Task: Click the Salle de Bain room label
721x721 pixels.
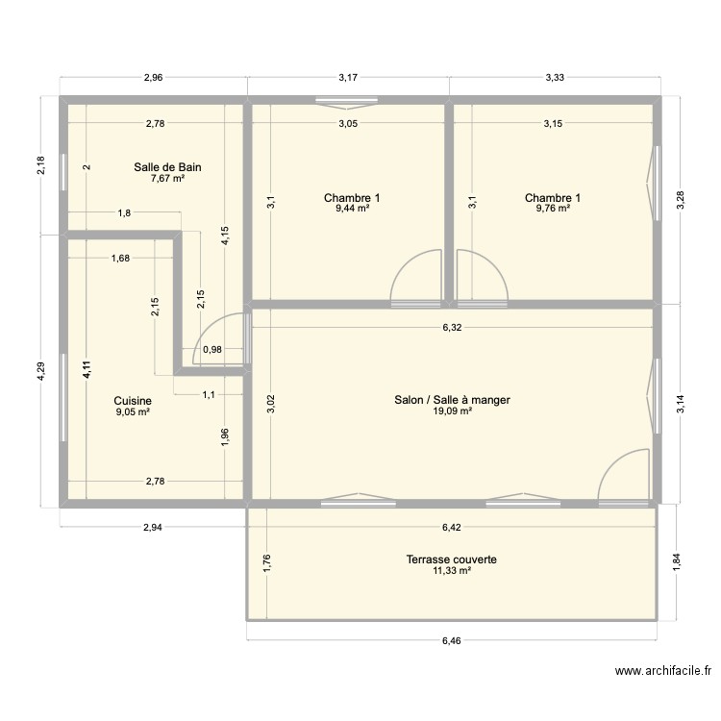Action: click(x=167, y=166)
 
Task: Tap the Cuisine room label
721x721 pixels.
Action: click(x=132, y=400)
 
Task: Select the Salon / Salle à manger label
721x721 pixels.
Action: click(x=451, y=400)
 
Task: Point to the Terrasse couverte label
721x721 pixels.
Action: click(x=451, y=559)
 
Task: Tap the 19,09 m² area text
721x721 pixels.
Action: click(x=451, y=411)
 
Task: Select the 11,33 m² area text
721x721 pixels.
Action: click(x=451, y=570)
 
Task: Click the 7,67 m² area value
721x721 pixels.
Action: click(x=167, y=178)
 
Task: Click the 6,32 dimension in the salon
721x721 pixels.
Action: click(x=453, y=328)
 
